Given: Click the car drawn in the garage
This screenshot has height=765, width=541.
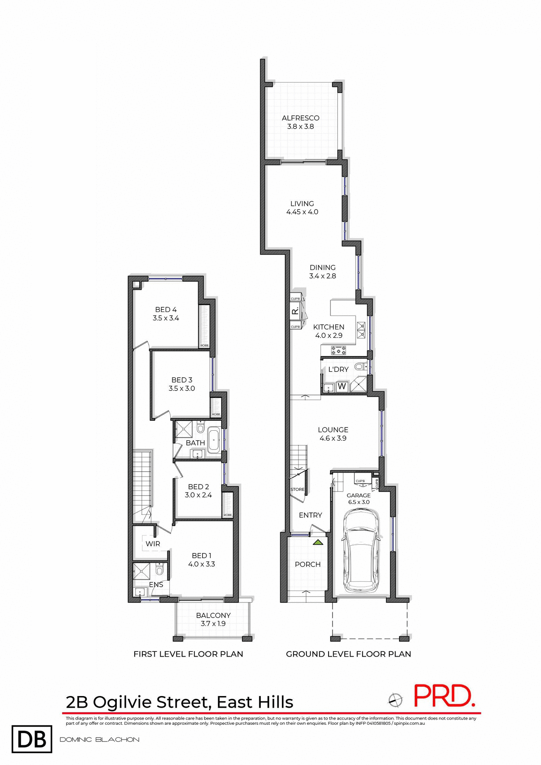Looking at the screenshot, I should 360,551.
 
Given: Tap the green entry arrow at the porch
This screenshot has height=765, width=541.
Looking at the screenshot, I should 318,542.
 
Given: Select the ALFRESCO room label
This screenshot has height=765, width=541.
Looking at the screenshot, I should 300,118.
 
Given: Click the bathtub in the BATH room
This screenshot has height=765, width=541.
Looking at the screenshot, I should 214,440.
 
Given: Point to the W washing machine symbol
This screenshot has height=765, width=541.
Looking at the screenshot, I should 342,386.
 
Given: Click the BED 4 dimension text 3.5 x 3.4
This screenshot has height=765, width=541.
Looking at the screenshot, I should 165,318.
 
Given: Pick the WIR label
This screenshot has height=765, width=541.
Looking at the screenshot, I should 153,544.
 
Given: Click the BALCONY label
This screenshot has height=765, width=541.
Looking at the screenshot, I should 213,615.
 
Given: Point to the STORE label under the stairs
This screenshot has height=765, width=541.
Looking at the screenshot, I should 297,489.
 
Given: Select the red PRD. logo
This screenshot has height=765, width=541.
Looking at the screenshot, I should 443,696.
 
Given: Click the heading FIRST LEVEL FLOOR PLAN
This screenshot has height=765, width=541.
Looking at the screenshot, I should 188,654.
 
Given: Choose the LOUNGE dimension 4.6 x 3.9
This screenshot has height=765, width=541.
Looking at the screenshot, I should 333,438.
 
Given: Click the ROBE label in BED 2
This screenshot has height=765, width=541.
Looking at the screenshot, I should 227,515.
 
